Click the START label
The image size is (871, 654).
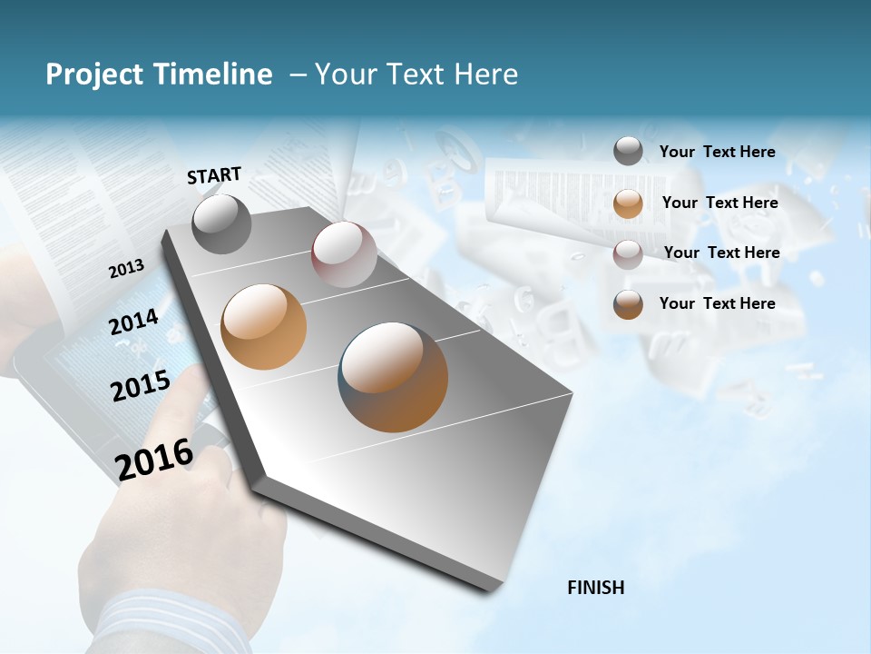point(214,175)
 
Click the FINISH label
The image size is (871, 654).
point(595,588)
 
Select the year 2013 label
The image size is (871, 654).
point(126,268)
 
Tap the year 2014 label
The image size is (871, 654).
point(133,322)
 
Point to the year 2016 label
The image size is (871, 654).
point(154,459)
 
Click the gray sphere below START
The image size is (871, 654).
point(222,224)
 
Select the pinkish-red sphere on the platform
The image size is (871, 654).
point(344,254)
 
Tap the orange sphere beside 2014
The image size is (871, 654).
point(264,327)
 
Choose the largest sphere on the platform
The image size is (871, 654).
point(394,377)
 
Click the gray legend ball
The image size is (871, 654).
point(628,152)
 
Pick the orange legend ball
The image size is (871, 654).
point(628,203)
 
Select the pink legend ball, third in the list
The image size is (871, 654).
point(628,254)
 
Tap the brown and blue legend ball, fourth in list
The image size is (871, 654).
point(628,304)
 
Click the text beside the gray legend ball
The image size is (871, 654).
point(717,152)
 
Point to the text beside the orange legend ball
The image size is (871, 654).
point(719,203)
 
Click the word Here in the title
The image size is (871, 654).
point(485,74)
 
